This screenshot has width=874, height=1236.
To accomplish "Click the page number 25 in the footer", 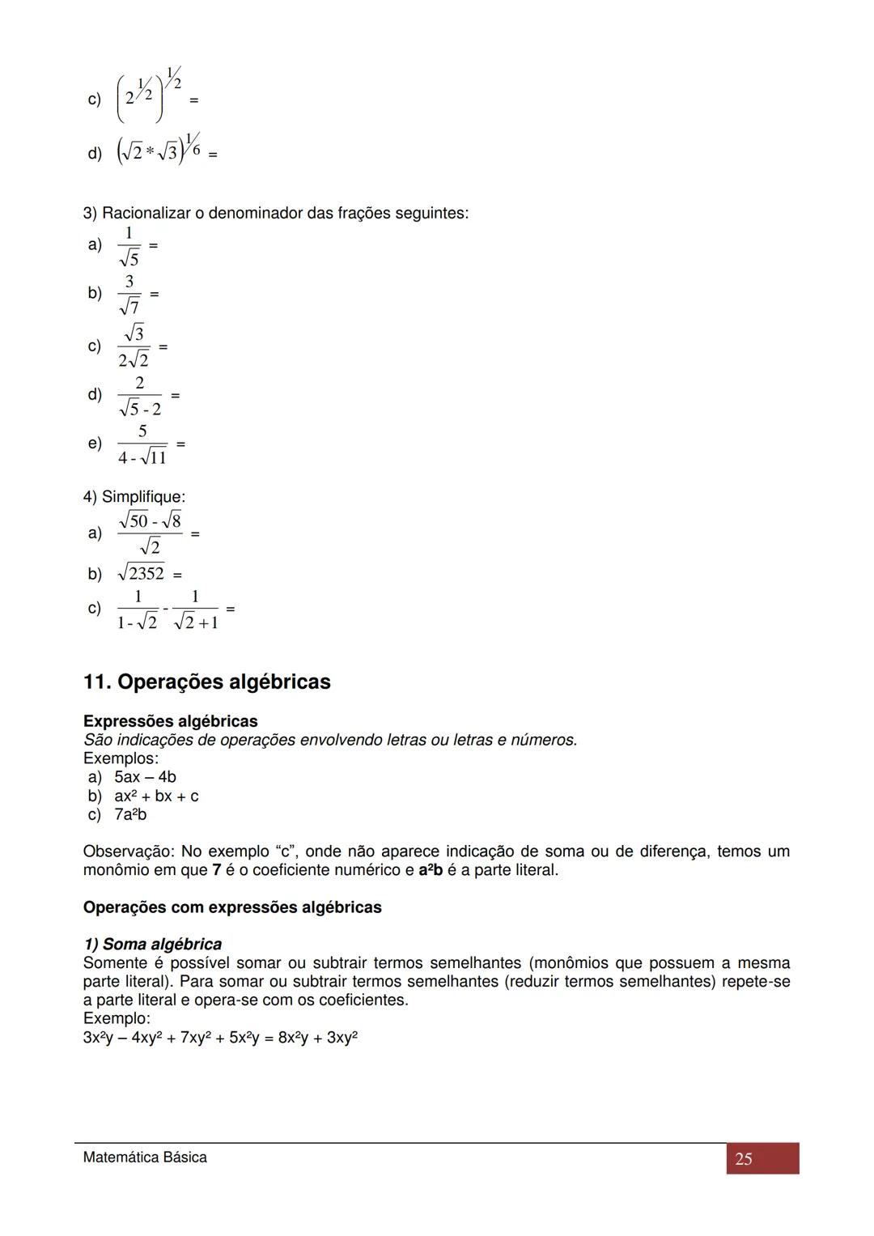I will [x=744, y=1159].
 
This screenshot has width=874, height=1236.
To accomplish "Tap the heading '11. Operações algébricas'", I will [x=206, y=682].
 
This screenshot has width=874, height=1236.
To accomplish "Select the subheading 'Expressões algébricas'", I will [x=170, y=721].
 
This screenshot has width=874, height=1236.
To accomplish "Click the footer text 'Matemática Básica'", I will [x=145, y=1157].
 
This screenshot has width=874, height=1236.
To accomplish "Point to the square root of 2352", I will [x=141, y=574].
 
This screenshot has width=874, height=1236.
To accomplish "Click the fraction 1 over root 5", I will [x=129, y=246].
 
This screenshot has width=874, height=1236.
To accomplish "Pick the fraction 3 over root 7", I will [x=129, y=295].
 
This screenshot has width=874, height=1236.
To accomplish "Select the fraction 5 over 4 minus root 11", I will [x=142, y=444].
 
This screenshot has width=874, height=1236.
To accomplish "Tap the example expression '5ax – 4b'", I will [x=145, y=777].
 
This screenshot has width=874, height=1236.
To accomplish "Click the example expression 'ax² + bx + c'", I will [x=156, y=796].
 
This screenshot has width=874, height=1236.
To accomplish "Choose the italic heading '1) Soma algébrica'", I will [x=152, y=944].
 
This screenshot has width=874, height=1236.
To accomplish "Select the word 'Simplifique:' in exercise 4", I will [x=143, y=497].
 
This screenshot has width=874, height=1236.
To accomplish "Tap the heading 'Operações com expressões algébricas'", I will [x=232, y=907].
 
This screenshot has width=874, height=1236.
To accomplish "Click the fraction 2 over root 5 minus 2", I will [x=140, y=396].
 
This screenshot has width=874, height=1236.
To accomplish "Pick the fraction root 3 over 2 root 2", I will [x=134, y=346].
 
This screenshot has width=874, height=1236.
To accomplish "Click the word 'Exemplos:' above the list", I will [x=121, y=758].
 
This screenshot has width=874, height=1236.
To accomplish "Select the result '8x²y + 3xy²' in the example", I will [x=317, y=1038].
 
